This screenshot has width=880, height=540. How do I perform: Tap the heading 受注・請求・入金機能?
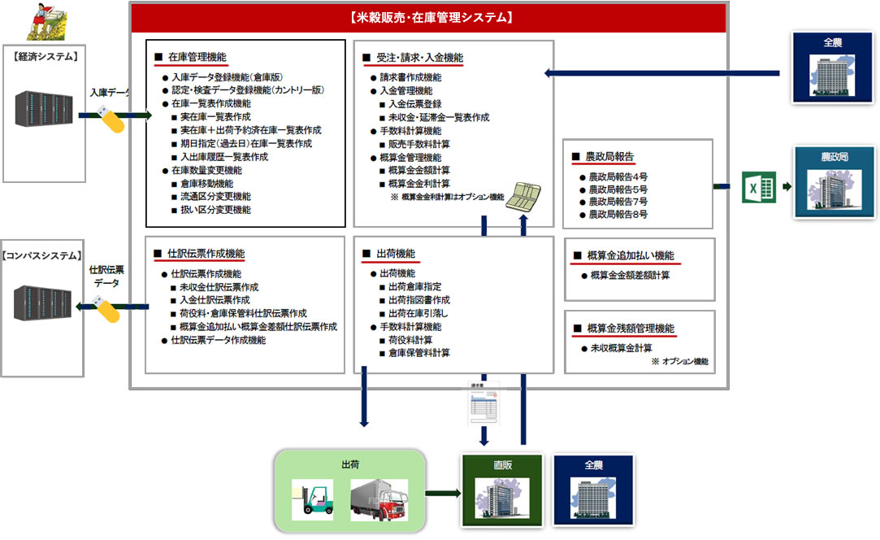click(x=419, y=58)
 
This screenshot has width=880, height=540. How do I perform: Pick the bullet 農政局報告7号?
click(x=618, y=201)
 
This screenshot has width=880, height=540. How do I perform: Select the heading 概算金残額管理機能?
click(x=631, y=329)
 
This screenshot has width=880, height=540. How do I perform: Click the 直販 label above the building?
click(x=503, y=465)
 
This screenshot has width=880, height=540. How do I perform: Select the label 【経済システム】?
click(x=46, y=56)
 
